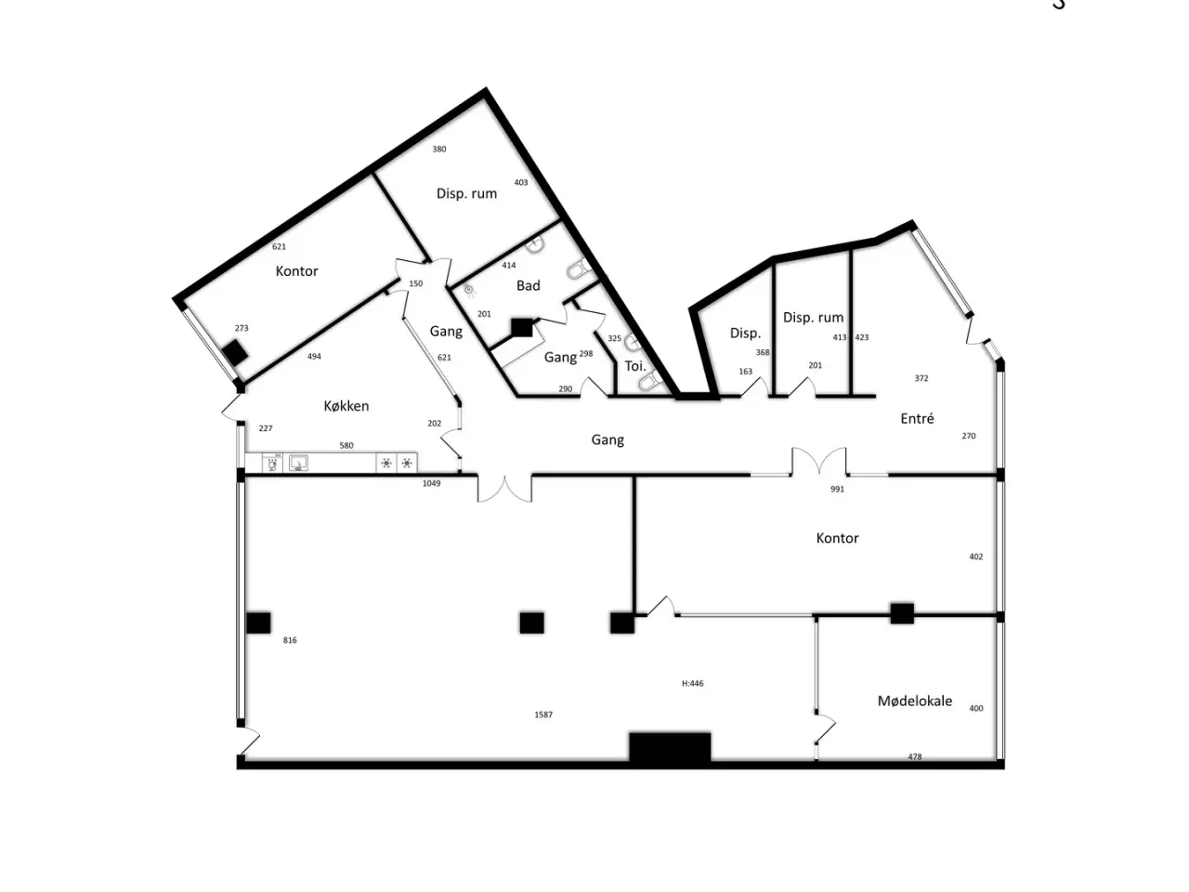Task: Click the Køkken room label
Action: pos(346,406)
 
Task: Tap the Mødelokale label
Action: pos(914,701)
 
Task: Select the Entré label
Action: pos(917,418)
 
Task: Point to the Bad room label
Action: pos(529,285)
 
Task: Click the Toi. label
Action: pos(635,366)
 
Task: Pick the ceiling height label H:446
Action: pos(692,684)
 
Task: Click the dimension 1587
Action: pos(543,715)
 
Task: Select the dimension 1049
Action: pos(431,484)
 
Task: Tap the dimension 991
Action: pos(837,489)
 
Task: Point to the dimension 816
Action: pos(290,640)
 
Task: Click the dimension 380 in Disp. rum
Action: pos(438,149)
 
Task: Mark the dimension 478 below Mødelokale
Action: pos(914,756)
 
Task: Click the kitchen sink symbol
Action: pos(298,464)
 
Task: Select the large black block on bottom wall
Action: pos(670,748)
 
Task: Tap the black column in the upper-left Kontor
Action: pos(236,352)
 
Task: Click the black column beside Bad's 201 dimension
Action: pos(522,328)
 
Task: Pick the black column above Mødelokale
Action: pos(902,613)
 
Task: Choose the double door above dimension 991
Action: pos(818,461)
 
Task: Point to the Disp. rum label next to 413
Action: pos(813,318)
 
